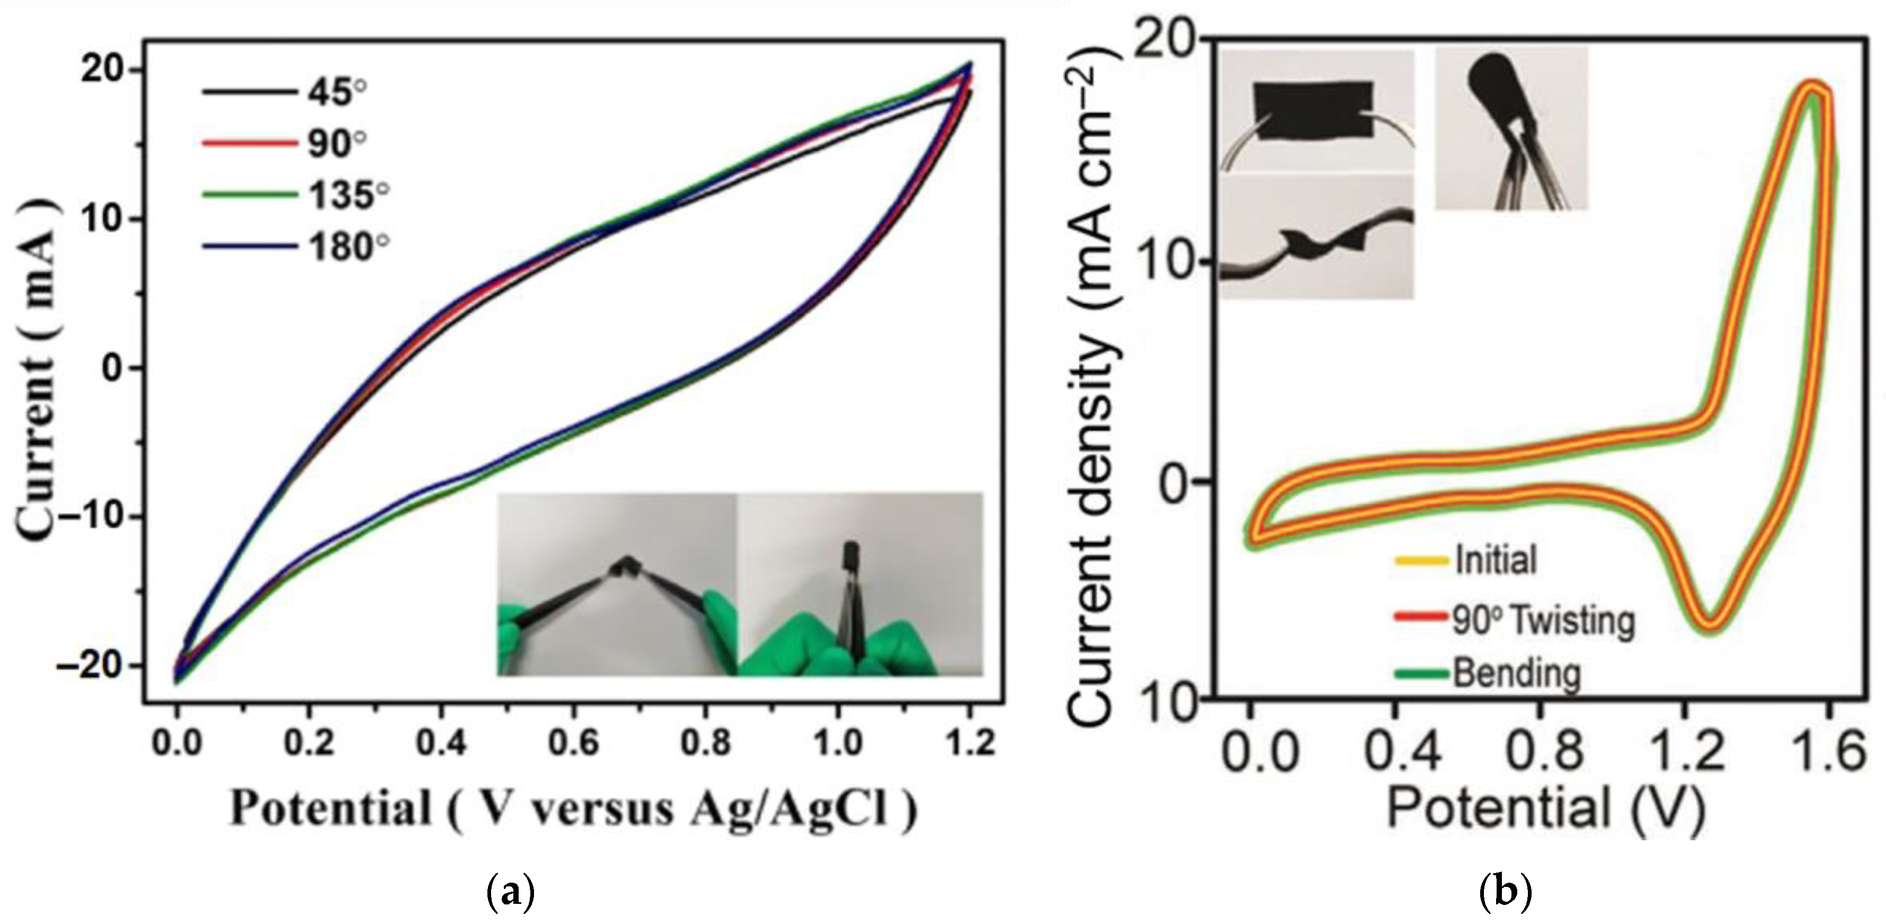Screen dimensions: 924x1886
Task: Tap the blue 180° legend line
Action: point(249,247)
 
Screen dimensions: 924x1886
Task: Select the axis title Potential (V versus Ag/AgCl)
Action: point(573,810)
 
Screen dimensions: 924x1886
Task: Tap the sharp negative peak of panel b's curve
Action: point(1710,623)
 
